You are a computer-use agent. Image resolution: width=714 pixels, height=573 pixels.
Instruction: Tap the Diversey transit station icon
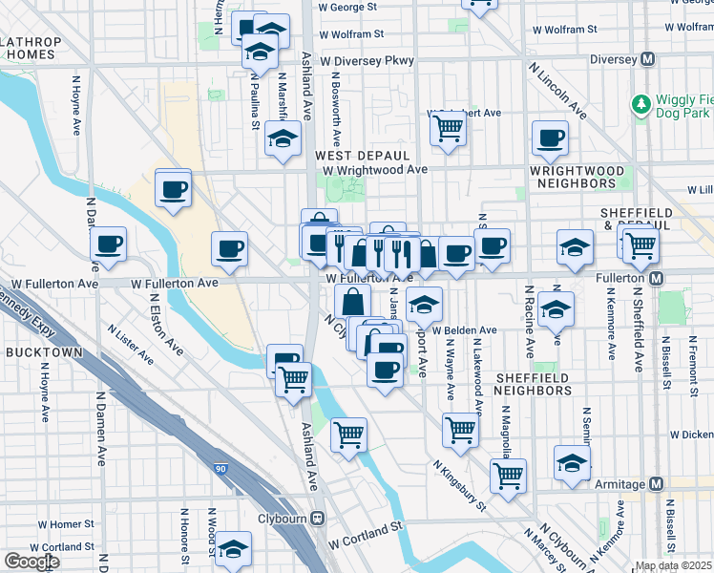click(648, 59)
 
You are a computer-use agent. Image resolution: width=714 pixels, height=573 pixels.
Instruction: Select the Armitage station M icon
click(655, 484)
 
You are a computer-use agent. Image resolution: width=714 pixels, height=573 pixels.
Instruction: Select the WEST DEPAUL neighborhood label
click(348, 155)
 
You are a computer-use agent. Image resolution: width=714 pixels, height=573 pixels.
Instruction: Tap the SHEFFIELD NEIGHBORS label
click(533, 384)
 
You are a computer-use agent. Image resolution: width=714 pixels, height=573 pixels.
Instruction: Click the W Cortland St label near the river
click(366, 535)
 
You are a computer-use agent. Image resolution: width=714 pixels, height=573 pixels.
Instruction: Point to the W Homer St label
click(65, 524)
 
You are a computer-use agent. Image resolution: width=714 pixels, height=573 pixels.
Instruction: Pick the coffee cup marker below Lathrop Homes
click(173, 188)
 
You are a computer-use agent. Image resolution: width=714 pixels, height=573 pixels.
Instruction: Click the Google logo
click(31, 562)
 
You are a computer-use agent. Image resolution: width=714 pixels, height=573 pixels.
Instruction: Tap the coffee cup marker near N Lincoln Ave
click(550, 138)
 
